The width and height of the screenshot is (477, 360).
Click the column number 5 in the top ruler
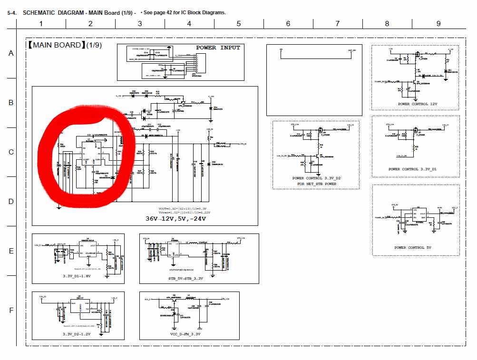pos(238,24)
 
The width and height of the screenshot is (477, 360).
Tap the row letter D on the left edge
pos(11,202)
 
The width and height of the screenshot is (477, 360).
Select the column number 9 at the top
pos(438,24)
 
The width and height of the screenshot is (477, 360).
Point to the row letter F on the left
pos(11,311)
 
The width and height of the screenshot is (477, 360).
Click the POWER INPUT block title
pos(218,48)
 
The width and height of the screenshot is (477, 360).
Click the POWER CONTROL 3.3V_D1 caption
pos(416,169)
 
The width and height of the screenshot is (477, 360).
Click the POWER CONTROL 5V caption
pos(416,248)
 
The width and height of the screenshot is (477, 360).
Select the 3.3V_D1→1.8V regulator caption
pos(77,276)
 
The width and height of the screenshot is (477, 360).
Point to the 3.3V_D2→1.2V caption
pos(76,334)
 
